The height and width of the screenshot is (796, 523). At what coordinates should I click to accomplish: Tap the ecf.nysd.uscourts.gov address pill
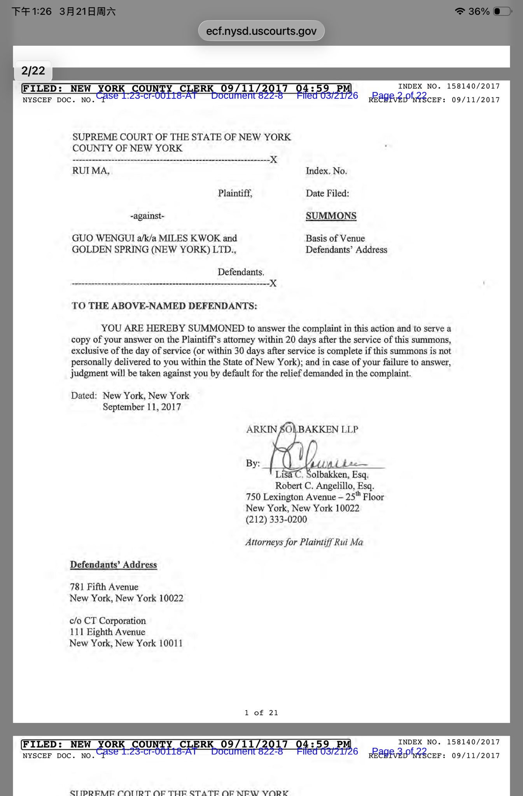tap(261, 31)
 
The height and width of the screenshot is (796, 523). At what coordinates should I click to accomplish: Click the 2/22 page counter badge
tap(33, 71)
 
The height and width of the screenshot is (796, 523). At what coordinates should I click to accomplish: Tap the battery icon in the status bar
tap(502, 11)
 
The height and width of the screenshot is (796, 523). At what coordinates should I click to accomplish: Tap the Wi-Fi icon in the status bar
tap(460, 11)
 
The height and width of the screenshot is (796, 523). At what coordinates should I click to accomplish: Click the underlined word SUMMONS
tap(331, 216)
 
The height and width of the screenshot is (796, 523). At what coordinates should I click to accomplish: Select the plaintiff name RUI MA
tap(91, 171)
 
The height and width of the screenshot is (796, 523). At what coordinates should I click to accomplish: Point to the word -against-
tap(147, 216)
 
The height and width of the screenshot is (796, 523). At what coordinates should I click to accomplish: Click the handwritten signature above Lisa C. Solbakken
tap(307, 453)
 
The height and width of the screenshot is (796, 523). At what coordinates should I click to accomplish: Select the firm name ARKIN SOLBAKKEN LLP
tap(302, 429)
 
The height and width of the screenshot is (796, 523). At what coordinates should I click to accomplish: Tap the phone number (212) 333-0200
tap(276, 519)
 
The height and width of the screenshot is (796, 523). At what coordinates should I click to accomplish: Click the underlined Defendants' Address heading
tap(113, 565)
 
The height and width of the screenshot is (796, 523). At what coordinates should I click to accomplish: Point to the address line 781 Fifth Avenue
tap(104, 587)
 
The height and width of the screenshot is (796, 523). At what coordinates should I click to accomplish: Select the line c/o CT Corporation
tap(108, 621)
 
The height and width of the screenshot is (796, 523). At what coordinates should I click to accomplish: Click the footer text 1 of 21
tap(261, 713)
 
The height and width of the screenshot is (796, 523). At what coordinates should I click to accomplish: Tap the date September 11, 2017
tap(142, 407)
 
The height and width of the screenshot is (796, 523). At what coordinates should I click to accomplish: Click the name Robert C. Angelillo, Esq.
tap(325, 486)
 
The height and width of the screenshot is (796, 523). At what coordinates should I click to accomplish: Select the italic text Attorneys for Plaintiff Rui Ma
tap(304, 542)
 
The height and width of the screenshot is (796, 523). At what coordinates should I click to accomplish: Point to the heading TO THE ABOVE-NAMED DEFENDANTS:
tap(164, 306)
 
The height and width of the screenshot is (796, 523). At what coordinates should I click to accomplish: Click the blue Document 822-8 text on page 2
tap(247, 96)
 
